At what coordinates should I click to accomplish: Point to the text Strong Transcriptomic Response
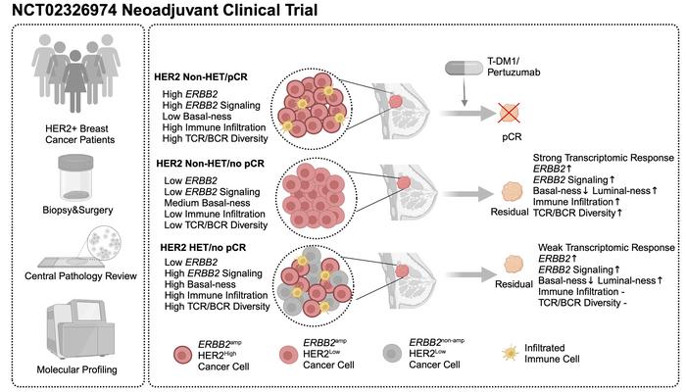[602, 158]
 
